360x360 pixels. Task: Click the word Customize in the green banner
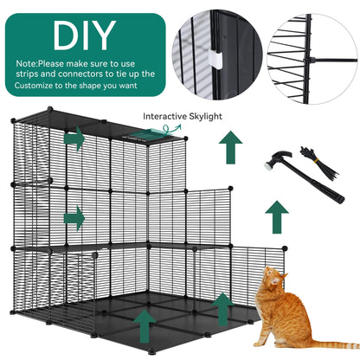(40, 87)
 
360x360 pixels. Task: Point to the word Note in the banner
(27, 63)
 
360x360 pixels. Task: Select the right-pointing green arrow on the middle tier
(76, 215)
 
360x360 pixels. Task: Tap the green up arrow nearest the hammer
(277, 211)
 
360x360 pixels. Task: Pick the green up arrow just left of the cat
(221, 307)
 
